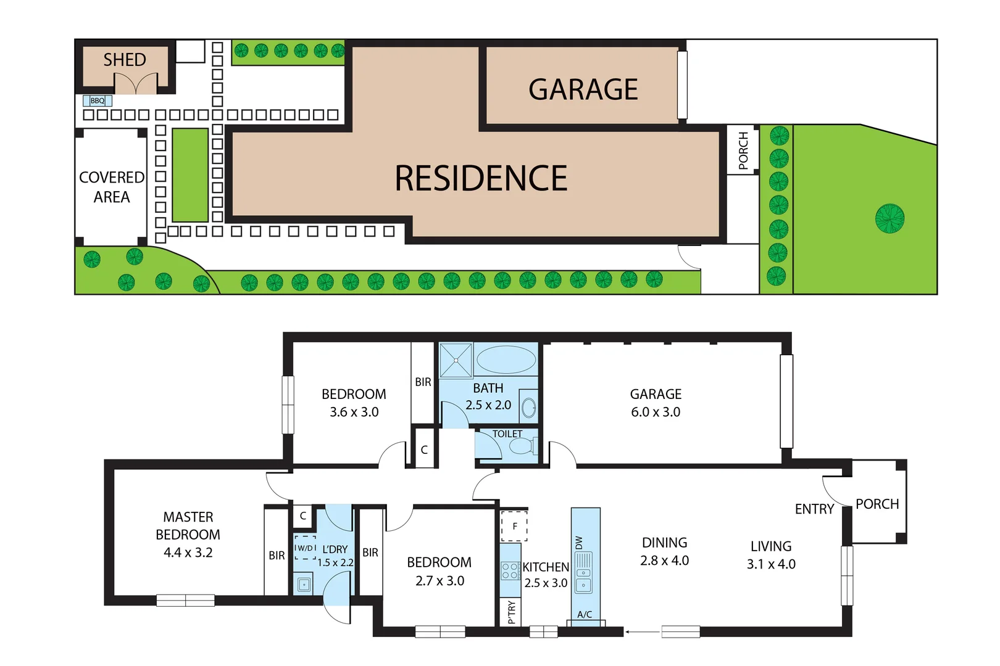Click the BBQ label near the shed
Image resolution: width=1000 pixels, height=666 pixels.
click(98, 101)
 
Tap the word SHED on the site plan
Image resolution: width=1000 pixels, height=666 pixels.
click(125, 60)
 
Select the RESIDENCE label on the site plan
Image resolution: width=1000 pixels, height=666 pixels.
click(481, 178)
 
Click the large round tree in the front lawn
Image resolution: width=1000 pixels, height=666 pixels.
click(890, 218)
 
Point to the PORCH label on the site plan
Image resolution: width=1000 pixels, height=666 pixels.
click(743, 150)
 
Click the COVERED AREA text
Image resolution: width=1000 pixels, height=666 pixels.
click(112, 187)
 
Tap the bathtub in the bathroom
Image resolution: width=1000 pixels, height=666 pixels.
click(506, 360)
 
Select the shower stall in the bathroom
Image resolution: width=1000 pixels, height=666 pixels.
click(456, 360)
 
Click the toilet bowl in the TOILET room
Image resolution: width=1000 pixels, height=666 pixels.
click(522, 445)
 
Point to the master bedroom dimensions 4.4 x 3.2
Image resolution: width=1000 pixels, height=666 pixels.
click(188, 553)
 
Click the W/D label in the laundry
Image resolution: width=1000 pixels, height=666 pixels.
click(305, 548)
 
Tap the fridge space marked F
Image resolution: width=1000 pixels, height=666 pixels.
click(514, 526)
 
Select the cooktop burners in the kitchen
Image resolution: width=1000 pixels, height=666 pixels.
click(510, 570)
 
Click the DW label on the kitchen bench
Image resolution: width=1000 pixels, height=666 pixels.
click(579, 543)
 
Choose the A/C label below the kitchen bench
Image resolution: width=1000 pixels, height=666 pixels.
click(585, 615)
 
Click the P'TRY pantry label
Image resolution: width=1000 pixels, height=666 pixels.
click(511, 612)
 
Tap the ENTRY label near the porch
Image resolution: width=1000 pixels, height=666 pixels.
click(814, 509)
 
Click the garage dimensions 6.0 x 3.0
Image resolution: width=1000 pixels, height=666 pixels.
click(656, 412)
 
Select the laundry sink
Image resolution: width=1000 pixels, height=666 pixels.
click(304, 583)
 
